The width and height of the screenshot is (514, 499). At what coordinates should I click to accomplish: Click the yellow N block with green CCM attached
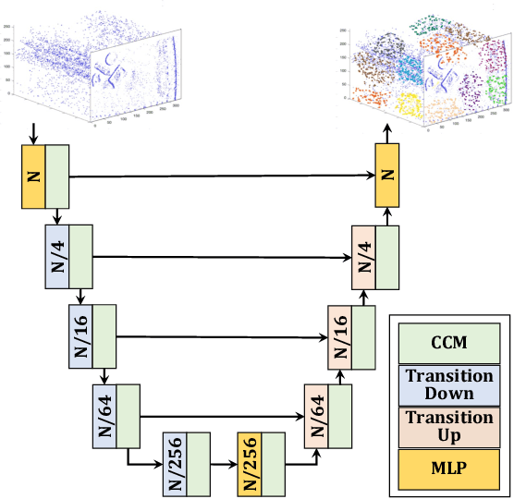pos(32,176)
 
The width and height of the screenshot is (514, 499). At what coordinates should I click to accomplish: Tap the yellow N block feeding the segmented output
pos(386,176)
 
